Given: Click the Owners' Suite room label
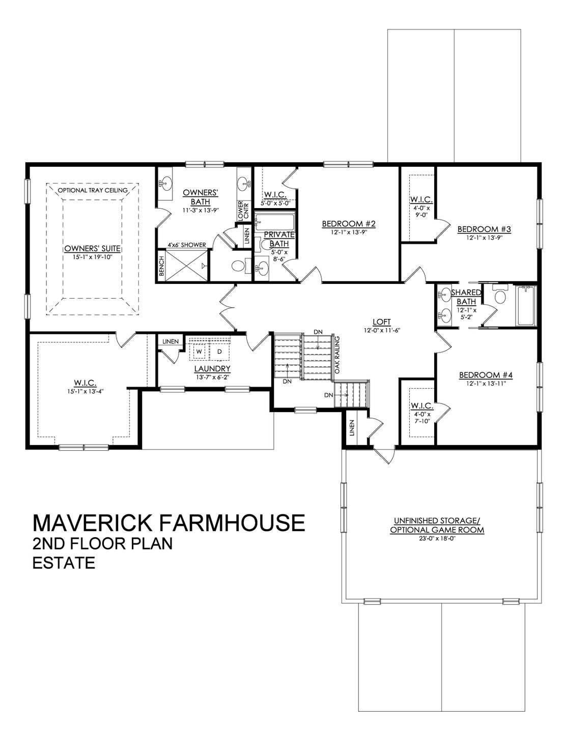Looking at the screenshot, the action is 92,249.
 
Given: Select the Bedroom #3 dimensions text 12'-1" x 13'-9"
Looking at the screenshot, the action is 484,237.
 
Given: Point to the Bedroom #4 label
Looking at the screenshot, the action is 485,375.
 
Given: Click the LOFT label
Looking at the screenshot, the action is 381,321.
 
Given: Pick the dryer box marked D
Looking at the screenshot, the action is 220,352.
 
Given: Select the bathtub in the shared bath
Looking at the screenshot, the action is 526,306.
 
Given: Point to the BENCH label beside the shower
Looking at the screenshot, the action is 161,265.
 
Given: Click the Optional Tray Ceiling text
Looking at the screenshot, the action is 93,191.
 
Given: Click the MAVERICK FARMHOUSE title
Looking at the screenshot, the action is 168,523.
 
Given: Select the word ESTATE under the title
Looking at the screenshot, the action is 64,563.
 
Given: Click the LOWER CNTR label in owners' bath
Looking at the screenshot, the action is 241,210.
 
